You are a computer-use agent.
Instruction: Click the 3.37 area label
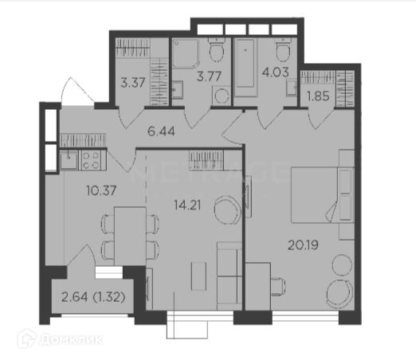click(133, 83)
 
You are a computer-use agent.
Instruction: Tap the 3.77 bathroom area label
click(209, 76)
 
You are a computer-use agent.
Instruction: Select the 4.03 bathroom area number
click(275, 72)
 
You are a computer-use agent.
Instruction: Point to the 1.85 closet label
click(318, 96)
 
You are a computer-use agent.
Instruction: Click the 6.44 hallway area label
click(161, 131)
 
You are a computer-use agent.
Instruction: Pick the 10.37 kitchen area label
click(101, 190)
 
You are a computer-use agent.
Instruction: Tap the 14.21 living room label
click(187, 205)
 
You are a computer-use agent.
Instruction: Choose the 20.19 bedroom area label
click(303, 245)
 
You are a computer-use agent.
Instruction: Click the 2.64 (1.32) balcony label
click(93, 297)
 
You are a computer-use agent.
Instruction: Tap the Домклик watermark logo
click(60, 339)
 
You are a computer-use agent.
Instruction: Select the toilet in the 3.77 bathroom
click(217, 49)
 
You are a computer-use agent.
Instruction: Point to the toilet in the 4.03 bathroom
click(283, 49)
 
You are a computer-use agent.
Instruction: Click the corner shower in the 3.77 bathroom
click(186, 54)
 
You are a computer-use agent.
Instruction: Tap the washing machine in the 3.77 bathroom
click(221, 96)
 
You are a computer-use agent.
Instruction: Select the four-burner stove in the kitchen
click(92, 161)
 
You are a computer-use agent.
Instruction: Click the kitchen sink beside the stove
click(69, 160)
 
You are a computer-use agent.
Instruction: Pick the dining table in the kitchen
click(130, 236)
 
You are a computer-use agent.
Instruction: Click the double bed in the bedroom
click(323, 194)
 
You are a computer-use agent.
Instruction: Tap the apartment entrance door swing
click(77, 90)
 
